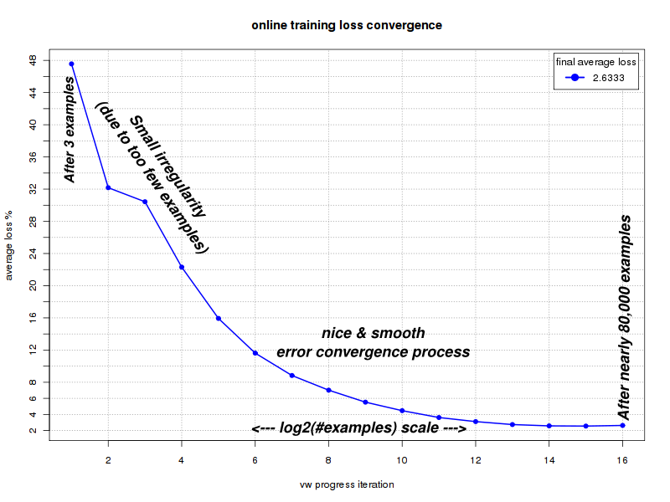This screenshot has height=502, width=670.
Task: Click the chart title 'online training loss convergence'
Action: pos(347,25)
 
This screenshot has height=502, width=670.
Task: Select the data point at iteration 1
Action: pos(71,64)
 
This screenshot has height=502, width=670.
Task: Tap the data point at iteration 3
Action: pos(145,202)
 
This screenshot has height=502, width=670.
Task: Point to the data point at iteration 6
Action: pos(255,353)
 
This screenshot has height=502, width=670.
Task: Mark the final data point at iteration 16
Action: pos(622,425)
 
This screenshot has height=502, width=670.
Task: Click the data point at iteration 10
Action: pos(402,411)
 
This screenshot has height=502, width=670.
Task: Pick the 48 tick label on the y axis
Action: pos(32,60)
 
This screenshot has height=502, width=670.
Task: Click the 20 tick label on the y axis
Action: pos(32,285)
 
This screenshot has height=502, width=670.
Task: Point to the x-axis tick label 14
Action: pos(549,460)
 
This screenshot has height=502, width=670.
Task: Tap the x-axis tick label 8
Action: pos(328,460)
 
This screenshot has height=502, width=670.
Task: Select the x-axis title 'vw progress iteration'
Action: pos(347,484)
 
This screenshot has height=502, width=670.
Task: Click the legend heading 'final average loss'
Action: pos(596,62)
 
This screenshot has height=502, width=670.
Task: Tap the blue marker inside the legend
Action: pos(575,77)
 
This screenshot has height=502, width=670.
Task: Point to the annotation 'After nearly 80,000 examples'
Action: pos(624,318)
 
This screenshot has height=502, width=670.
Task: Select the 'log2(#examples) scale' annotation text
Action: pos(358,428)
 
